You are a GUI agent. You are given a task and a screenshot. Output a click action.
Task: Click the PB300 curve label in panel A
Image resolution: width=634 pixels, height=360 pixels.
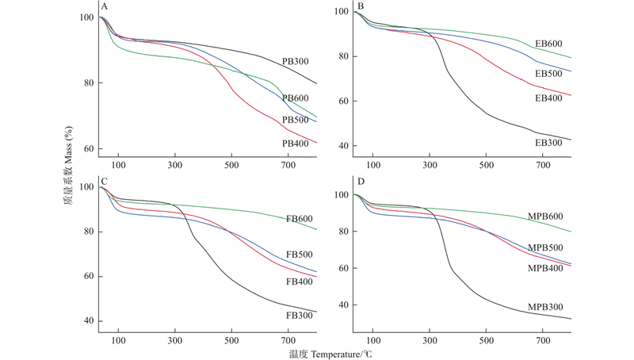[295, 61]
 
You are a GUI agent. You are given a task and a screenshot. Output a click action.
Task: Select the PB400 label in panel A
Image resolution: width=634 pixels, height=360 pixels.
[295, 144]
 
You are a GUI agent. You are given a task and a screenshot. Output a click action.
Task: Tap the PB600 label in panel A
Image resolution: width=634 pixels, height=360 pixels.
[295, 98]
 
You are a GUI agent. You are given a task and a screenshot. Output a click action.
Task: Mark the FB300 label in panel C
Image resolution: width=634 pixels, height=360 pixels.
[299, 315]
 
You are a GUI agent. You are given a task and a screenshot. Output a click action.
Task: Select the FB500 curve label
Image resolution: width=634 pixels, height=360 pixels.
[299, 255]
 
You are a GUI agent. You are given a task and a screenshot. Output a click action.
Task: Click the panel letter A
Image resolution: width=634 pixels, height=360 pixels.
[105, 6]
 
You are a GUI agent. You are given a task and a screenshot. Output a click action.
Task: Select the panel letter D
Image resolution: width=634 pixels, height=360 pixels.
[361, 182]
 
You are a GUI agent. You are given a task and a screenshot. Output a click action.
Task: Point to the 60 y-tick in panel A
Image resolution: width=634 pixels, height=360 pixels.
[90, 149]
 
